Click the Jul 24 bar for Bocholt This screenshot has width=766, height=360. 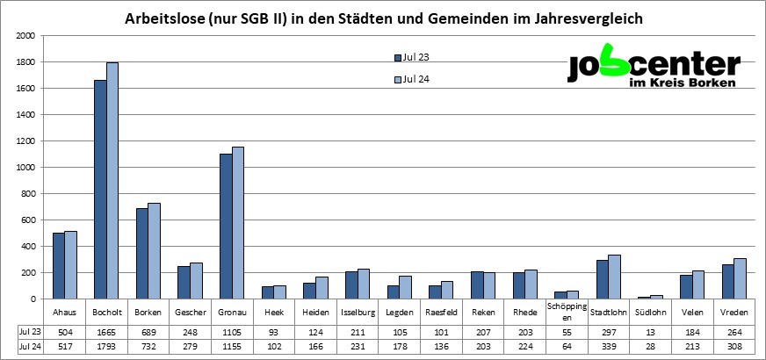[x=112, y=181]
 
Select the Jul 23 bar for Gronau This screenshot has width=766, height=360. [x=226, y=227]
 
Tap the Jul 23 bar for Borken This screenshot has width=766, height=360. [x=142, y=254]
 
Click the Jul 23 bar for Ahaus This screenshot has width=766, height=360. [x=59, y=265]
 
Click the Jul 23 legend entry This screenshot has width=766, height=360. [x=412, y=58]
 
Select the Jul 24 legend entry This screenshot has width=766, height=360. [x=412, y=80]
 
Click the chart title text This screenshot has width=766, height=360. [x=382, y=18]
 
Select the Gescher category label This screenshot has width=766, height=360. [x=191, y=312]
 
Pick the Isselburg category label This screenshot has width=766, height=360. [x=358, y=312]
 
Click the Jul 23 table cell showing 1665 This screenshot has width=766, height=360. [x=107, y=331]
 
